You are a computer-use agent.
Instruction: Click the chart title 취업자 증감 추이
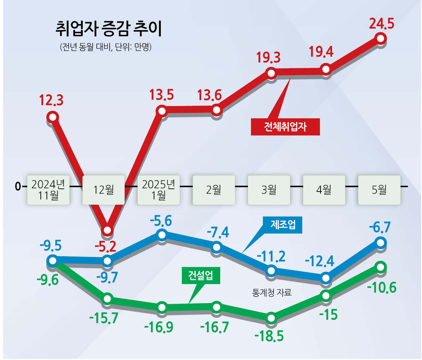coord(109,29)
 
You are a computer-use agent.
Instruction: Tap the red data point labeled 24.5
coord(381,38)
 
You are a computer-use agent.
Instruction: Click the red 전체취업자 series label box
coord(285,127)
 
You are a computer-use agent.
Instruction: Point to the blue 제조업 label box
coord(283,224)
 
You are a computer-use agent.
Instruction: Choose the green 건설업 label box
coord(200,275)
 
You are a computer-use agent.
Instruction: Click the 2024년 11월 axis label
coord(48,190)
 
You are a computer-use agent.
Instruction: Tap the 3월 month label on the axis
coord(269,190)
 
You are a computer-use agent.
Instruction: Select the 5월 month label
coord(379,190)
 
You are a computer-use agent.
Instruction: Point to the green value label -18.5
coord(269,336)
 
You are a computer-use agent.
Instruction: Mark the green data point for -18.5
coord(271,318)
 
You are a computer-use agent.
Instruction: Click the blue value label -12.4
coord(320,261)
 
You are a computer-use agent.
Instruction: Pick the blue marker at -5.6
coord(162,234)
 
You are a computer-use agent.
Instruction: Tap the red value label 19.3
coord(268,58)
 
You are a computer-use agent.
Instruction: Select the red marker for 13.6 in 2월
coord(216,110)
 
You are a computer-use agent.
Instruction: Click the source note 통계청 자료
coord(272,292)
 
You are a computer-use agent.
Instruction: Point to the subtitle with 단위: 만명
coord(105,47)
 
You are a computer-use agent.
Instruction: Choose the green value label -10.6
coord(382,288)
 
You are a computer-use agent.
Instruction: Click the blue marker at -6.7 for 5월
coord(381,242)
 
